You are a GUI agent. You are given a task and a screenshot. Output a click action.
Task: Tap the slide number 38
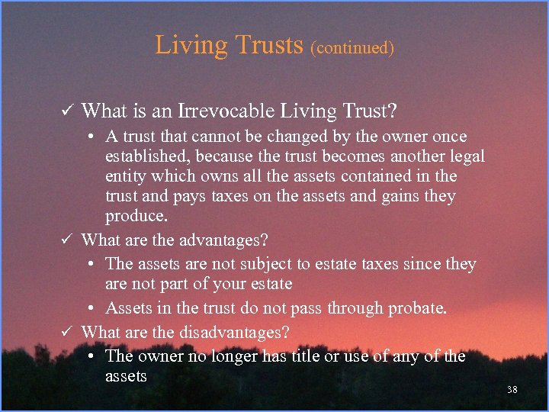(512, 390)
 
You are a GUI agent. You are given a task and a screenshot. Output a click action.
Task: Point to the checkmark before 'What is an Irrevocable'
(68, 111)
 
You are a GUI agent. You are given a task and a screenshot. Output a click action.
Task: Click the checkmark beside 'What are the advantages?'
(68, 240)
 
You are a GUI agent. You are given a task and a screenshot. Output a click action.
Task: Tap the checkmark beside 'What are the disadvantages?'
(68, 333)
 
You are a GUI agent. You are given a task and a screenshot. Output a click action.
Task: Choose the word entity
(126, 177)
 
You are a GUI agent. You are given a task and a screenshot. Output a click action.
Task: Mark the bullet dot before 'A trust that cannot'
(90, 137)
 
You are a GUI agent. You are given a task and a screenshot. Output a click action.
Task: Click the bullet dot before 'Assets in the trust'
(90, 309)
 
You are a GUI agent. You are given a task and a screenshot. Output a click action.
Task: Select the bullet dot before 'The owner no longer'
(90, 356)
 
